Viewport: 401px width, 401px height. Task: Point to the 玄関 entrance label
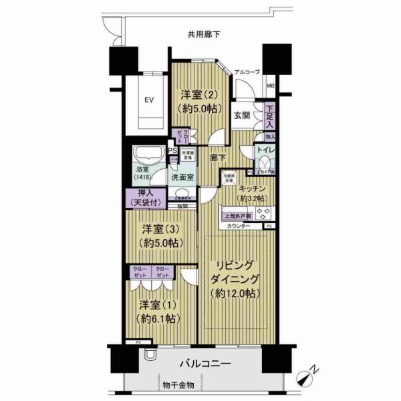tap(241, 115)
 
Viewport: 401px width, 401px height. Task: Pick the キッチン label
tap(253, 194)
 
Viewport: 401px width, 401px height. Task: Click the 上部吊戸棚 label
tap(237, 216)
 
